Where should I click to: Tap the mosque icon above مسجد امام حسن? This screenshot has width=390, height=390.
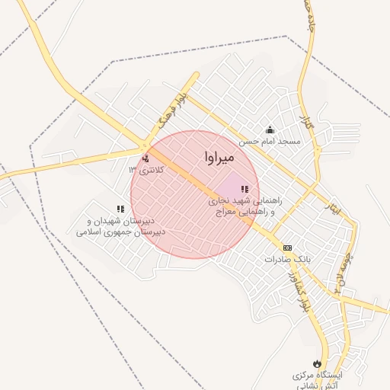click(x=269, y=129)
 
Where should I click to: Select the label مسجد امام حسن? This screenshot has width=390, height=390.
click(x=270, y=142)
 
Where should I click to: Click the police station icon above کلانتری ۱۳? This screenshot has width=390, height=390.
click(x=145, y=158)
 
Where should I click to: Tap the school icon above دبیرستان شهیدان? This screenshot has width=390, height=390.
click(x=120, y=208)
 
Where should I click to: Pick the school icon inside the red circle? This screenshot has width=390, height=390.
click(x=245, y=190)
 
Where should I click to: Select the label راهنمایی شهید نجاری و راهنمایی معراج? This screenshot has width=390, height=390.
click(x=245, y=207)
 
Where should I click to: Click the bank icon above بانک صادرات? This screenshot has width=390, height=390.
click(x=287, y=248)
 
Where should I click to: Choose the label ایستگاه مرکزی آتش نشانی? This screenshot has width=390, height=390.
click(x=321, y=382)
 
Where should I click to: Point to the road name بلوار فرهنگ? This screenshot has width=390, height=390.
click(x=170, y=111)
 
